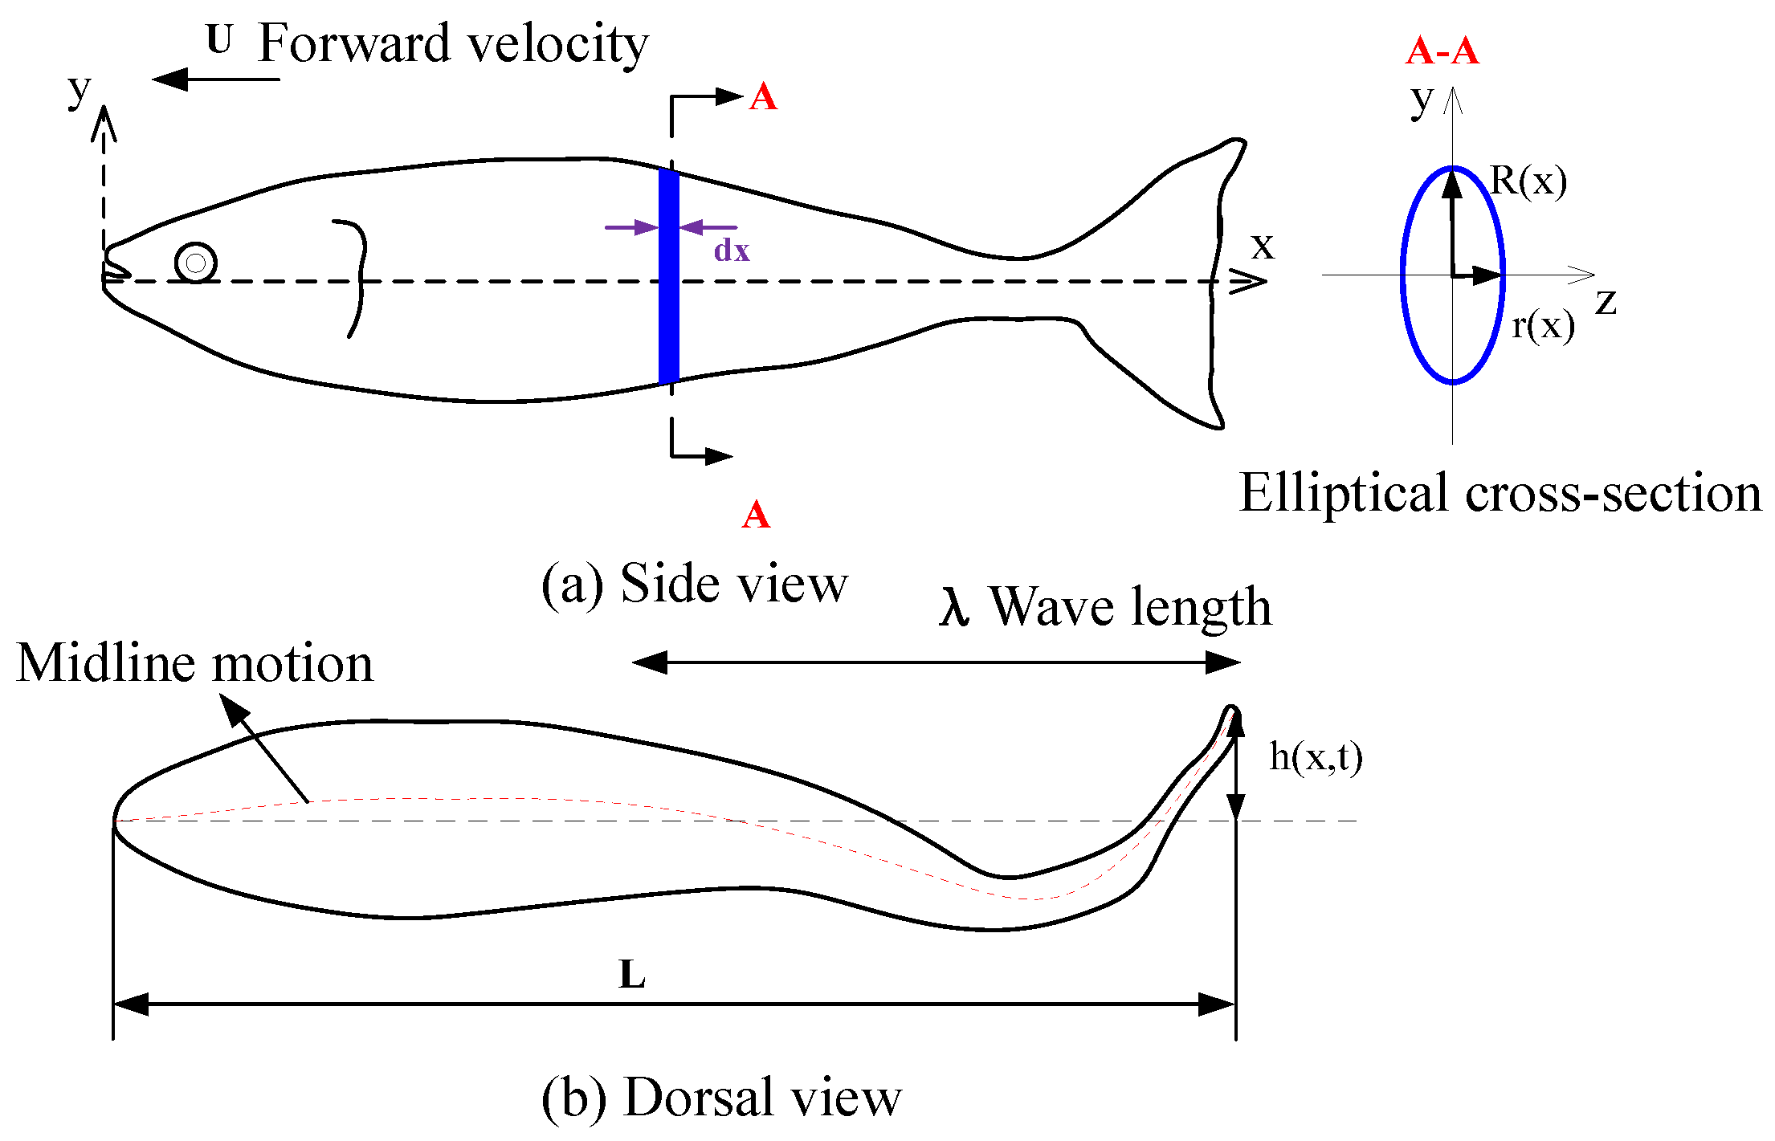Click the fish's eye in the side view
pos(195,263)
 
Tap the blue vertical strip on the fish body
pos(668,277)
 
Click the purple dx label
pos(731,251)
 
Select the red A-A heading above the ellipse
pos(1442,51)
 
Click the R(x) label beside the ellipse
pos(1528,181)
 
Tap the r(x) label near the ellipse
pos(1542,325)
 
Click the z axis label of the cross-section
pos(1606,302)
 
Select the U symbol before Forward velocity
pos(219,39)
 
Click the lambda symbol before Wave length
pos(954,607)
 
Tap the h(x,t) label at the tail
pos(1315,757)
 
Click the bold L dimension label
pos(632,975)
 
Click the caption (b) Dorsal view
pos(720,1097)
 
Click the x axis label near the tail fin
pos(1263,246)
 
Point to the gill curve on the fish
pos(358,277)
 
